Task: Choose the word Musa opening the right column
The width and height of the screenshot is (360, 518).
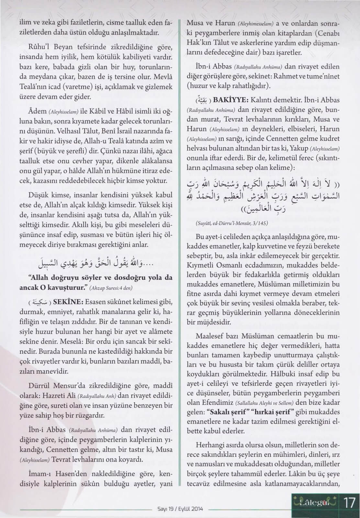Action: point(196,24)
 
